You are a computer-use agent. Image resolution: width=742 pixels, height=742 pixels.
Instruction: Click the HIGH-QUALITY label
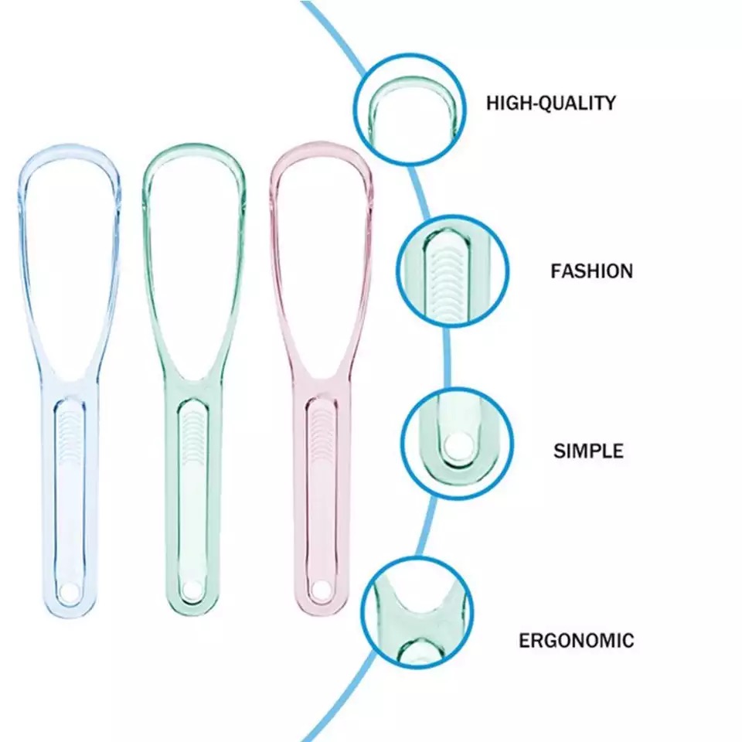pos(551,103)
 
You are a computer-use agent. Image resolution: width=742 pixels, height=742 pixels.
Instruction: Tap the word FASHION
pos(591,271)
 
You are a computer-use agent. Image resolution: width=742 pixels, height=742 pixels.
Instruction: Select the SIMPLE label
pos(588,451)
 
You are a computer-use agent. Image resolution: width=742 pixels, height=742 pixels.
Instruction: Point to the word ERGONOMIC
pos(576,640)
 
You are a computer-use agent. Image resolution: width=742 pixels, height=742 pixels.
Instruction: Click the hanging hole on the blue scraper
pos(68,591)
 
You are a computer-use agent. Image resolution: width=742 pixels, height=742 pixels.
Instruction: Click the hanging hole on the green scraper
pos(192,590)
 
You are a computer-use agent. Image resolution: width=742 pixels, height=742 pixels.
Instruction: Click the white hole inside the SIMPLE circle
pos(454,445)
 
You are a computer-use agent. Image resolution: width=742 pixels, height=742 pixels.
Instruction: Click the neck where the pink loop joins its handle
pos(321,383)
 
